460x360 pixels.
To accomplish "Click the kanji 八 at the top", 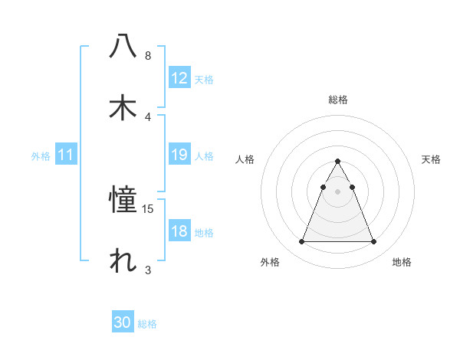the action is [x=123, y=46].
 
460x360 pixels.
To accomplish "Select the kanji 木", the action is [x=123, y=108].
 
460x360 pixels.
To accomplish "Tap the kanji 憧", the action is [x=123, y=201].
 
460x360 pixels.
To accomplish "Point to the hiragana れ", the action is [x=123, y=261].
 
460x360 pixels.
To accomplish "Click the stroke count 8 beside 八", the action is [x=148, y=56].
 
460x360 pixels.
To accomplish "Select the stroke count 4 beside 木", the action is [x=148, y=116].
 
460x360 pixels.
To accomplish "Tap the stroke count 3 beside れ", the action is [x=148, y=270].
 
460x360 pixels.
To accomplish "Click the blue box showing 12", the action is [x=179, y=78].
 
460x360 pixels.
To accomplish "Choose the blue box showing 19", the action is [x=179, y=155].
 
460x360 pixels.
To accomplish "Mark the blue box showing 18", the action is [x=179, y=231].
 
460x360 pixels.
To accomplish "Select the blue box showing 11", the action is [x=66, y=155].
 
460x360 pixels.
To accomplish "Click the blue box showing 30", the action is [x=123, y=322].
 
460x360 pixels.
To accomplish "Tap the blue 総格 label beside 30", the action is [x=147, y=324].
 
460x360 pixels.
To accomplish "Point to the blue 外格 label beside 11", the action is [x=41, y=156].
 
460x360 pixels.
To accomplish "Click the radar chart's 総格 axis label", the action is [x=337, y=100].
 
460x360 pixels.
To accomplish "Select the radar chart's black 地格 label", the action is [x=402, y=263].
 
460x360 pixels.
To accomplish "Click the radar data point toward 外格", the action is [x=301, y=242].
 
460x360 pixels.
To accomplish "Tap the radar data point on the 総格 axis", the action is [x=337, y=162].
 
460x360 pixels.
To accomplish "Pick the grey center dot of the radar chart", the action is [x=337, y=191].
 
